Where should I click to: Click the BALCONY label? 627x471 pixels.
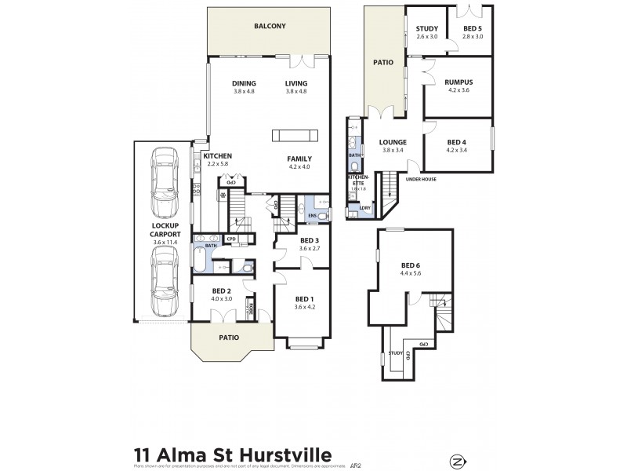(x=270, y=27)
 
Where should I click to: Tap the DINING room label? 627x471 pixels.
(x=245, y=84)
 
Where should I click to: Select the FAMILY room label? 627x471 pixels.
(x=299, y=158)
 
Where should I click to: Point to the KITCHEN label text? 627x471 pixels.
(x=216, y=155)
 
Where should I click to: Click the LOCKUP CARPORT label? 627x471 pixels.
(x=165, y=234)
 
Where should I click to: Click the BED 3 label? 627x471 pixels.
(x=310, y=240)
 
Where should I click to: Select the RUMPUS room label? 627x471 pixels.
(x=457, y=81)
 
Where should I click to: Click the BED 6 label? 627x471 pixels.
(x=411, y=265)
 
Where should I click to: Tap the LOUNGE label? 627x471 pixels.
(x=392, y=142)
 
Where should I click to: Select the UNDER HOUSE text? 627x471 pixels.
(x=421, y=179)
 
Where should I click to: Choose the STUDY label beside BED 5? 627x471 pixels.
(x=426, y=30)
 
